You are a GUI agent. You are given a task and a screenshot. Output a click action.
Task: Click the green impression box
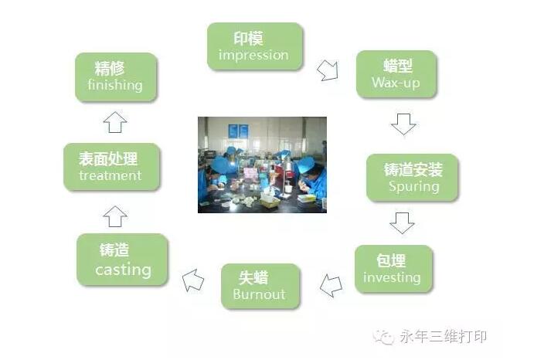point(255,46)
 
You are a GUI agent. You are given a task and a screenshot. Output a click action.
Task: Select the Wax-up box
point(396,74)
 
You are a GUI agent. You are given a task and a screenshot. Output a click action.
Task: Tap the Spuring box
point(412,178)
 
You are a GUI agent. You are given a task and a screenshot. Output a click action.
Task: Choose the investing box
point(393,269)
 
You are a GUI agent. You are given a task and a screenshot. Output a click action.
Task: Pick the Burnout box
point(260,286)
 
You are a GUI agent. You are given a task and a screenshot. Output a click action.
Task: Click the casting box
point(122,260)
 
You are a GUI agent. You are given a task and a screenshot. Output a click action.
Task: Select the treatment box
point(111,167)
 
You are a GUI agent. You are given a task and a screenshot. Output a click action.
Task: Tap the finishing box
point(116,77)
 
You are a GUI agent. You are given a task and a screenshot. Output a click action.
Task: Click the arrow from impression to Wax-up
point(328,70)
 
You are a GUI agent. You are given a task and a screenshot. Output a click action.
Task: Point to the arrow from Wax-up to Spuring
point(403,124)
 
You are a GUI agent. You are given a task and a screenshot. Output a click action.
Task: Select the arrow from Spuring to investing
point(402,223)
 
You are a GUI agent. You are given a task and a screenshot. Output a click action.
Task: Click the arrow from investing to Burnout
point(331,285)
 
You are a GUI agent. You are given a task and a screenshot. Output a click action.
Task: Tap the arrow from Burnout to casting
point(193,280)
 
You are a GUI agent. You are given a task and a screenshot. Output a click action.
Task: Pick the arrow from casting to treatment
point(115,216)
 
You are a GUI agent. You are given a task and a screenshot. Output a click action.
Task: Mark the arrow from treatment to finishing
point(115,122)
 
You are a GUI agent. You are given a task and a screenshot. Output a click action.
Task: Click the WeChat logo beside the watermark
point(383,337)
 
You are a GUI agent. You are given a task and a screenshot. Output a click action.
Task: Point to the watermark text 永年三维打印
point(444,336)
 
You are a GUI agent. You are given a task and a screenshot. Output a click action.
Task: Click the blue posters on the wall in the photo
point(238,131)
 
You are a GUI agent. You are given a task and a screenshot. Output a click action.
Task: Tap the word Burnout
point(259,294)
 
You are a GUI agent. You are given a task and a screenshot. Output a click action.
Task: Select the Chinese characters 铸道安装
point(413,170)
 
